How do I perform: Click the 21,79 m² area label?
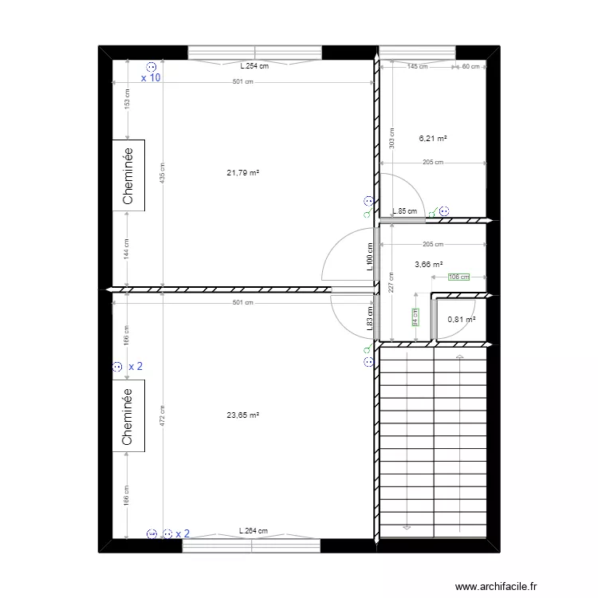(x=244, y=172)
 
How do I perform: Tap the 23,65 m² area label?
(x=244, y=415)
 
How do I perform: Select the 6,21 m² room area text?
(x=433, y=138)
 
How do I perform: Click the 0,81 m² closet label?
(x=461, y=320)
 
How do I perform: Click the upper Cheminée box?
(x=128, y=176)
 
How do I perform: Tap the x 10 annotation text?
(x=151, y=78)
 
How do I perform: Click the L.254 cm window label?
(x=254, y=66)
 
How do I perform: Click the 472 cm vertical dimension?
(x=163, y=415)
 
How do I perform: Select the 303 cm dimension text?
(x=391, y=137)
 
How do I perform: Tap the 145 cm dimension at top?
(x=417, y=67)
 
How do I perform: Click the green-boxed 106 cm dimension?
(x=458, y=277)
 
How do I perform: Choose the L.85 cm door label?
(x=405, y=212)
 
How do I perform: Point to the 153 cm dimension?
(x=127, y=101)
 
